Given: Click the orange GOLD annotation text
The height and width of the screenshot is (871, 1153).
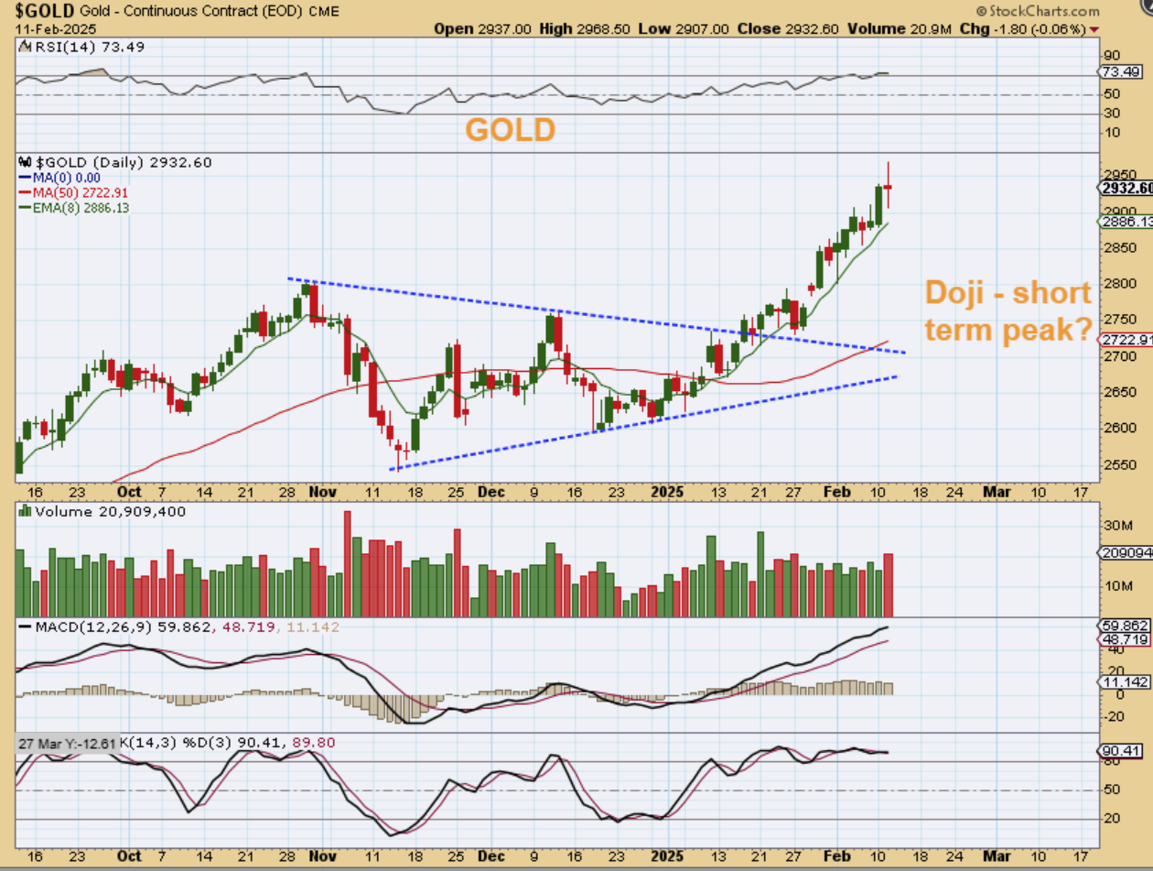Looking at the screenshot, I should (x=510, y=130).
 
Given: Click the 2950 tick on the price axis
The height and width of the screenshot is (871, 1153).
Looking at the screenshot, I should (x=1114, y=174).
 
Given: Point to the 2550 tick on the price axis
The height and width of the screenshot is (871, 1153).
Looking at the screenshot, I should (x=1114, y=464).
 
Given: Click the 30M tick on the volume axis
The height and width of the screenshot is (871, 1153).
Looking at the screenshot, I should (x=1114, y=526).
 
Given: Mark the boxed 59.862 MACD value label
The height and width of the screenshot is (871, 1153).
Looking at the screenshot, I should (x=1124, y=626).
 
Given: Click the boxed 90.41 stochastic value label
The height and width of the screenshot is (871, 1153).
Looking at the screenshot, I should (x=1122, y=751).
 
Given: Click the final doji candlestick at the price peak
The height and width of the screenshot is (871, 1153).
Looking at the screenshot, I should (x=888, y=187).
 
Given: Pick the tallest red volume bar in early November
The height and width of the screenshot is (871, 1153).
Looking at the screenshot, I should (x=348, y=563).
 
